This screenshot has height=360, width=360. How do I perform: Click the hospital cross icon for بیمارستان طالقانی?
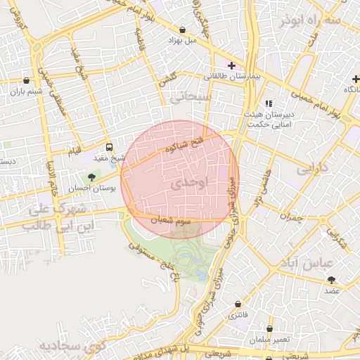(231, 65)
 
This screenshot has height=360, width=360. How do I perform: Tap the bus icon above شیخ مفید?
(109, 148)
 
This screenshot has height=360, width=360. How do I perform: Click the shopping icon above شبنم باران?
(27, 80)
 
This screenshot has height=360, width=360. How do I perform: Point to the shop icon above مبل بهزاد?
(184, 30)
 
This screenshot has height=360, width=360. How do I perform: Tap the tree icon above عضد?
(331, 280)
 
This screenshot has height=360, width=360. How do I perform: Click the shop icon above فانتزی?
(238, 304)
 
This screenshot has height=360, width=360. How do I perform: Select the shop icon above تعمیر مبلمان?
(270, 328)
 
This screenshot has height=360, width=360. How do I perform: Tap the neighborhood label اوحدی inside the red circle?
(190, 182)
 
